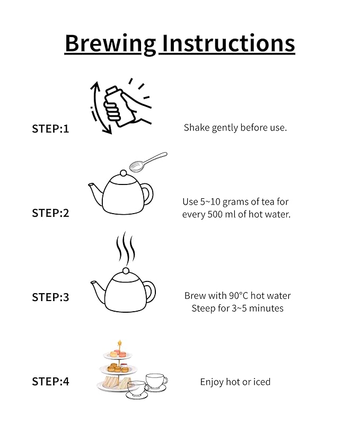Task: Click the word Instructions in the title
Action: point(229,43)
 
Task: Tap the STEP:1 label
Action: point(50,129)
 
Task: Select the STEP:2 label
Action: point(50,213)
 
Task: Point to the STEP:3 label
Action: point(50,297)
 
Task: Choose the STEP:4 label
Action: point(50,382)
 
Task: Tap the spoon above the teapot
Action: point(148,162)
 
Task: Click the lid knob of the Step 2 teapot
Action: point(123,173)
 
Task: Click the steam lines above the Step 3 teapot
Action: point(126,246)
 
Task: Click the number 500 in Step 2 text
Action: point(215,214)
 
